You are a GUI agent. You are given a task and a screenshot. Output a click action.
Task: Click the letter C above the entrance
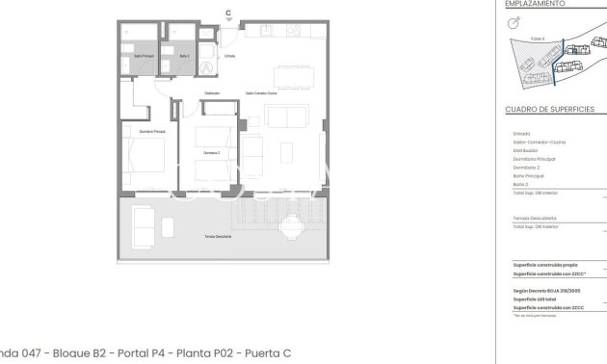pos(228,13)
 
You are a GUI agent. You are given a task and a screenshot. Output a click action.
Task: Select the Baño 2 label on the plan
pos(184,56)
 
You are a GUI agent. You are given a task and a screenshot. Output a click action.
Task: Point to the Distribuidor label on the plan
pos(211,93)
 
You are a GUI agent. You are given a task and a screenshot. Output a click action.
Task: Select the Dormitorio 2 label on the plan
pos(212,153)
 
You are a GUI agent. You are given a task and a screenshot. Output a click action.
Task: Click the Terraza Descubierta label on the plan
pos(217,236)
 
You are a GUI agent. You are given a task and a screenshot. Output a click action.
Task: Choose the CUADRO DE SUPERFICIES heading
pos(549,110)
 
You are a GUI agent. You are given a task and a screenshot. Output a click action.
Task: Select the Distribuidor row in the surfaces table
pos(525,150)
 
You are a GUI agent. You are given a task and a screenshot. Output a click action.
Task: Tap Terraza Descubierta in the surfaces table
pos(535,218)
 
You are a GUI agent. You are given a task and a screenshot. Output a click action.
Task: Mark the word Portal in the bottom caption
pos(130,353)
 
